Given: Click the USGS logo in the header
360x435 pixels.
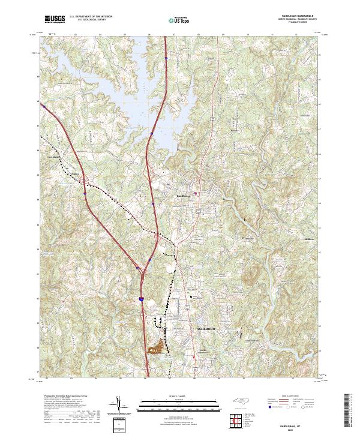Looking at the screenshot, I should click(x=55, y=20).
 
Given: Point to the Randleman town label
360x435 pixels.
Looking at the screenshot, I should click(x=182, y=196).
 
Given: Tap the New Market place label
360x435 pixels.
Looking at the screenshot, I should click(x=54, y=158).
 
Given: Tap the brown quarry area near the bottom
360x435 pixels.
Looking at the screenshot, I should click(x=157, y=347).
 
